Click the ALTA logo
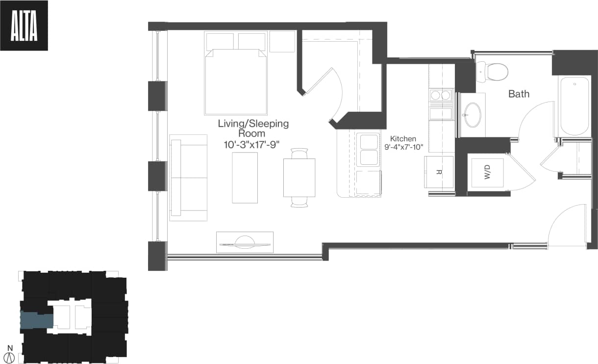click(x=24, y=26)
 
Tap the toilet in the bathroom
click(x=492, y=72)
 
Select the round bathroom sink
click(x=473, y=114)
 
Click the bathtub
click(x=574, y=105)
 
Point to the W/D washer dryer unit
click(x=487, y=171)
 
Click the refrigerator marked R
click(x=439, y=172)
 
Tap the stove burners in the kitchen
click(x=440, y=96)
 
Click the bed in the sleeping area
click(x=236, y=78)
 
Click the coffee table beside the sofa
click(x=245, y=177)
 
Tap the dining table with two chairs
click(x=299, y=178)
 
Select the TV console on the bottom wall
click(x=245, y=242)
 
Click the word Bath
click(x=519, y=94)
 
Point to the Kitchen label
click(x=403, y=139)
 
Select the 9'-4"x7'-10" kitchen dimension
click(x=403, y=147)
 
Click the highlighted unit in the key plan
click(x=36, y=321)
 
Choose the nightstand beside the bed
click(x=282, y=41)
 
